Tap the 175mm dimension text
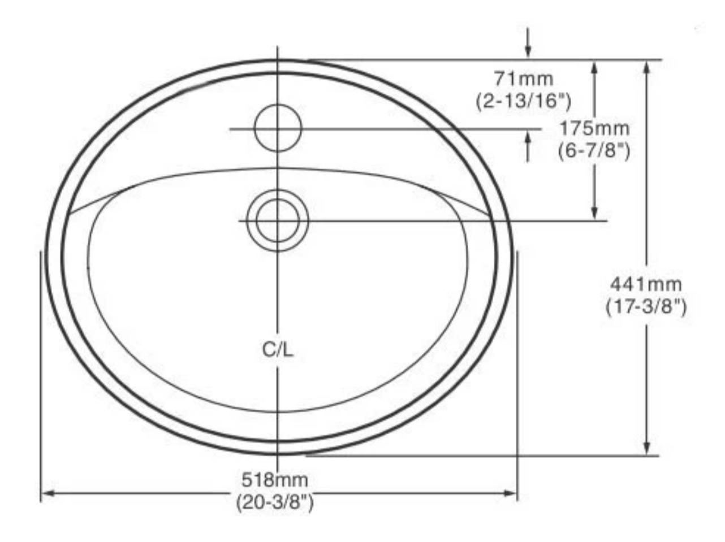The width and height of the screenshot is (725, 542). (594, 128)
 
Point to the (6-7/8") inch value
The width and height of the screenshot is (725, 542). (594, 151)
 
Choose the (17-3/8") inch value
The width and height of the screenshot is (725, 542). (646, 307)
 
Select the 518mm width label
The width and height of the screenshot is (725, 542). (275, 480)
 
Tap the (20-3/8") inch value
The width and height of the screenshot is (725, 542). (275, 503)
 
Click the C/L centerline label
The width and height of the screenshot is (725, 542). (278, 350)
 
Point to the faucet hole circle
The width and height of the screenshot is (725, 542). (278, 128)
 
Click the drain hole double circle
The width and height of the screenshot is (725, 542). (278, 220)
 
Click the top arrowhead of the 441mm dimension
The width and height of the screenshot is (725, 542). (646, 66)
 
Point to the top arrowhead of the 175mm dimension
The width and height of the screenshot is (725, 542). (594, 66)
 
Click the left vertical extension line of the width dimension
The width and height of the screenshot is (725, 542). (41, 373)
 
